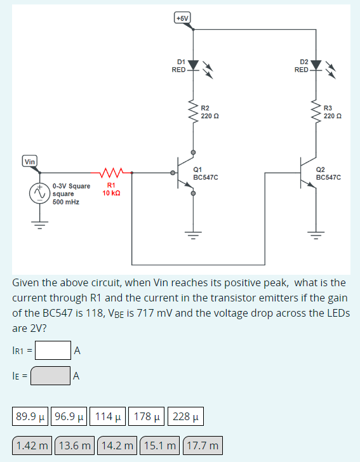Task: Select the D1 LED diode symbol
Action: [194, 66]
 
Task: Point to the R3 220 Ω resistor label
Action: [331, 112]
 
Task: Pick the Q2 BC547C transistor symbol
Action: [309, 172]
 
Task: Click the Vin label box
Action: [30, 161]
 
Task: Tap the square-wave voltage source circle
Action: [39, 194]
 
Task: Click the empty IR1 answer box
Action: [53, 350]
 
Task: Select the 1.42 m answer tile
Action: [33, 446]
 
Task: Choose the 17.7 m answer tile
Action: [203, 446]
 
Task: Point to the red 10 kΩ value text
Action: [112, 192]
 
